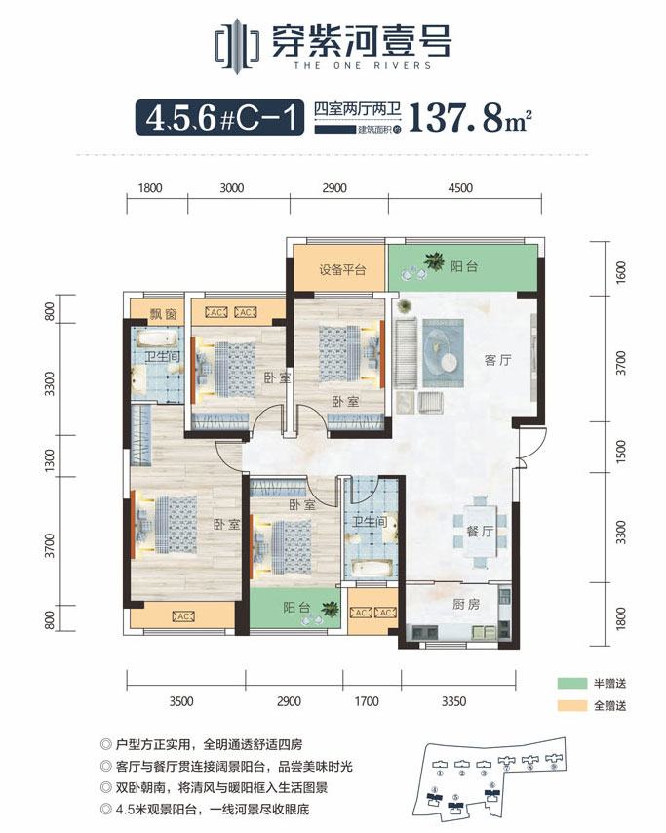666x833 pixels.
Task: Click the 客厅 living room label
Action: pyautogui.click(x=472, y=359)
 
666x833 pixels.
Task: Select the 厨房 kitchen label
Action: pyautogui.click(x=468, y=605)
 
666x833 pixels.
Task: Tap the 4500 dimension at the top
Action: pyautogui.click(x=461, y=189)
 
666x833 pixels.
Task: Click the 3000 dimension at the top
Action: pyautogui.click(x=231, y=189)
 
